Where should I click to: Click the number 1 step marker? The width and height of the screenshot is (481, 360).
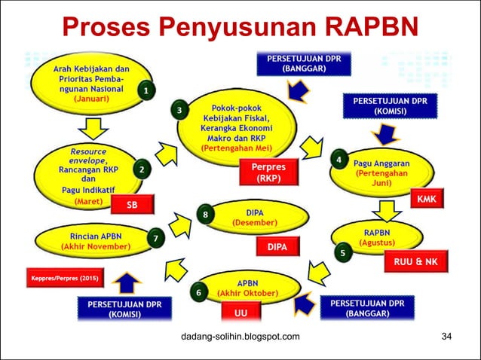[x=147, y=91]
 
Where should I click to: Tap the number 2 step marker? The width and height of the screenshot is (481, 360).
[x=141, y=169]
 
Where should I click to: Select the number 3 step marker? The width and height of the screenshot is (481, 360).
[x=179, y=111]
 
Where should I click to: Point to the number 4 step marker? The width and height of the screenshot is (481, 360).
[x=339, y=160]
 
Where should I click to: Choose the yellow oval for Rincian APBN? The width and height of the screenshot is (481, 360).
[x=94, y=240]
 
